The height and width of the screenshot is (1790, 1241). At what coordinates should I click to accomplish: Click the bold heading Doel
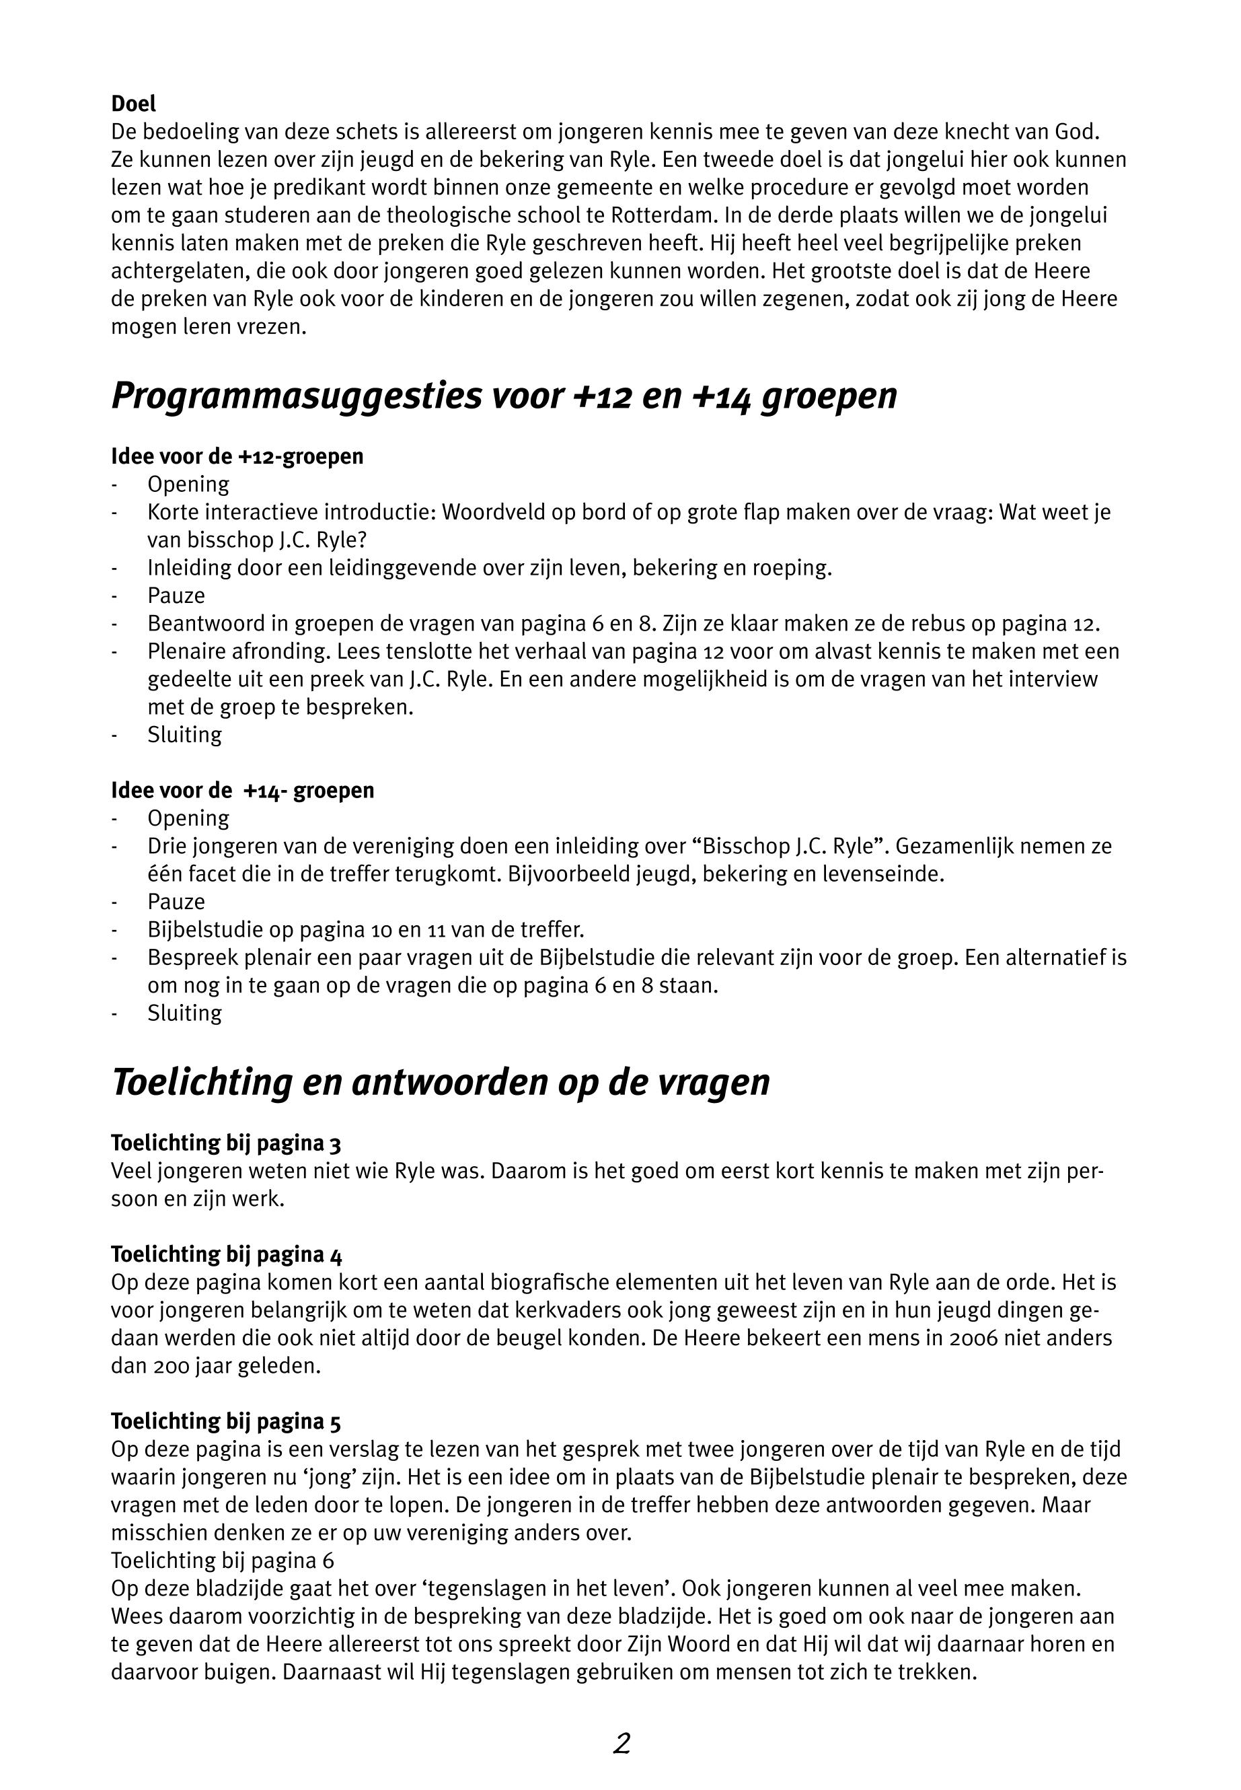[133, 104]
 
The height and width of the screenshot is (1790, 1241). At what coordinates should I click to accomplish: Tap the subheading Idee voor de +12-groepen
[237, 456]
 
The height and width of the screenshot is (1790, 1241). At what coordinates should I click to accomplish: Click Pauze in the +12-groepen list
[176, 596]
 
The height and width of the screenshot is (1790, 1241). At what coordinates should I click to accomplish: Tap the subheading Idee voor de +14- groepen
[243, 791]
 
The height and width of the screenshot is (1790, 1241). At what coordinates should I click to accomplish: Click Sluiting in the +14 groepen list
[184, 1013]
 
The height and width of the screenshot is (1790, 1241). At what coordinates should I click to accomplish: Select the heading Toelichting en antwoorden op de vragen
[441, 1083]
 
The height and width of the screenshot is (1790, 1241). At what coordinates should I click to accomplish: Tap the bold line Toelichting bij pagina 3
[226, 1143]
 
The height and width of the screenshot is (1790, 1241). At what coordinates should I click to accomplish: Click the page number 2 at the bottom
[622, 1744]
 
